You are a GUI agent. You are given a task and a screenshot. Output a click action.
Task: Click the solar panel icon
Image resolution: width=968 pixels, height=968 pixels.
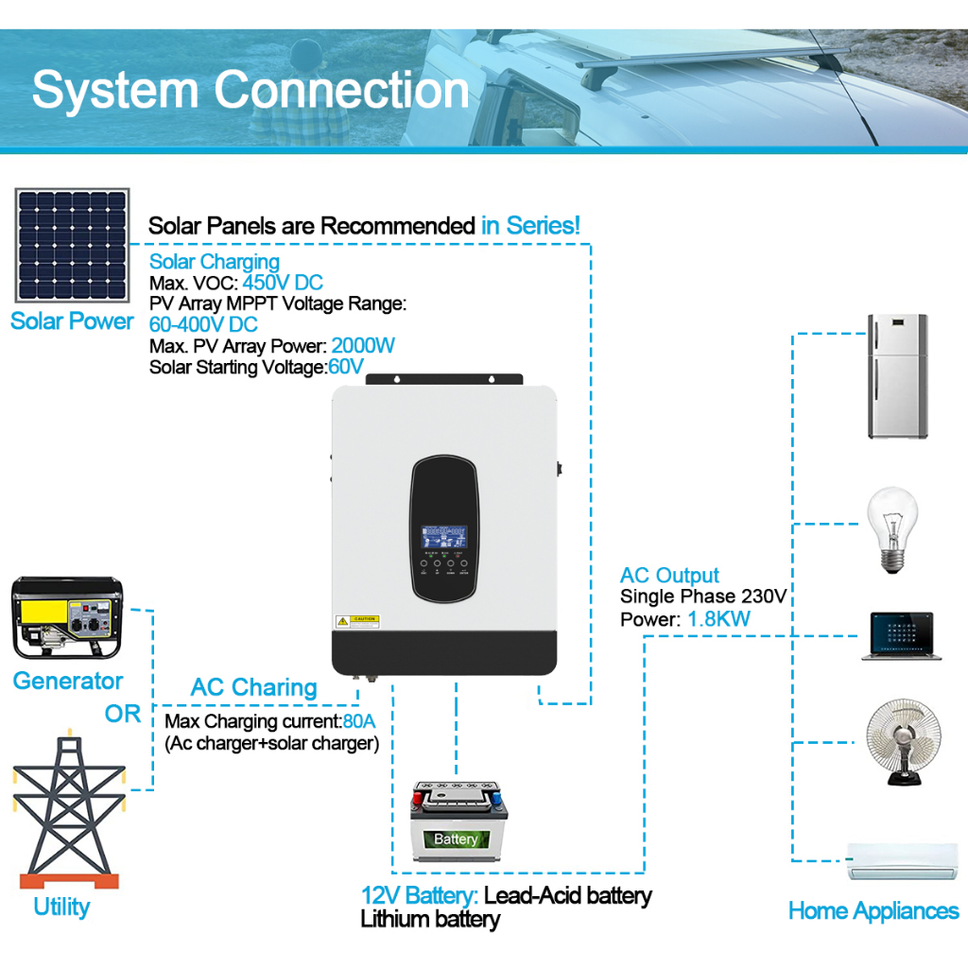point(72,245)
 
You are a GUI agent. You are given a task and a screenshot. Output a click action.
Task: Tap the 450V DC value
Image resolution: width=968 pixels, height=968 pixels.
point(283,283)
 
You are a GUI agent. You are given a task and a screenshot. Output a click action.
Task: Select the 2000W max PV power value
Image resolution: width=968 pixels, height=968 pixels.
point(363,346)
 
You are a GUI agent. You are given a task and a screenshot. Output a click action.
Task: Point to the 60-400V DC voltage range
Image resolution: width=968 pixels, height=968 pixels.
point(203,325)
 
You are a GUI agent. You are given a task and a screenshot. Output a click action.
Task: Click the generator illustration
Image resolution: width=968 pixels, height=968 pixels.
point(67,618)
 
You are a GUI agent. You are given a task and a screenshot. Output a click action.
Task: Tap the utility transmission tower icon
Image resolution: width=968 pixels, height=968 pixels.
point(68,809)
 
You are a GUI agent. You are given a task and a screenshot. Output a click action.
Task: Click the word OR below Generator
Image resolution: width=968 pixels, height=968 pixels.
point(123,714)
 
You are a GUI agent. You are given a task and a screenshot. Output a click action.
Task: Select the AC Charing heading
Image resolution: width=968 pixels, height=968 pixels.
point(253,687)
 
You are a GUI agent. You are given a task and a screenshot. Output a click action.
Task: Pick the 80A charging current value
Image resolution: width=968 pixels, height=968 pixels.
point(358,721)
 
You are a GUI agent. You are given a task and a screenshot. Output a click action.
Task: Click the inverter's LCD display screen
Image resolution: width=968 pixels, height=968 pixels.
point(444,537)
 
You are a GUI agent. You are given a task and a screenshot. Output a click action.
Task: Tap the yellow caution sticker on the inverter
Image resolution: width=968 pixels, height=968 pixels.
point(357,621)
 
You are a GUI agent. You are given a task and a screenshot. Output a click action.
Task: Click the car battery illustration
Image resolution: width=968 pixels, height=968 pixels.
point(458,821)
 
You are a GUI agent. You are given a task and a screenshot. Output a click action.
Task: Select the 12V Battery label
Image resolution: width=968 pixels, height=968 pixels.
point(419,895)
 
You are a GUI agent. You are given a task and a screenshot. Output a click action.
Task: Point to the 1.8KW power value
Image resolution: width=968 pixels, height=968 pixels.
point(718,618)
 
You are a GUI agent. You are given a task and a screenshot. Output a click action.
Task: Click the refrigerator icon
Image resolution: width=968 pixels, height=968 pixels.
point(897,376)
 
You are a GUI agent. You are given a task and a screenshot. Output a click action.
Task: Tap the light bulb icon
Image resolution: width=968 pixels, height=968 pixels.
point(892,529)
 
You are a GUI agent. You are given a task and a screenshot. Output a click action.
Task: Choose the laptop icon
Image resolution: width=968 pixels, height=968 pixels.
point(901,636)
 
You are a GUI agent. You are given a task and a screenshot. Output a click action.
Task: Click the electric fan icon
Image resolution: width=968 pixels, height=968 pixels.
point(903,742)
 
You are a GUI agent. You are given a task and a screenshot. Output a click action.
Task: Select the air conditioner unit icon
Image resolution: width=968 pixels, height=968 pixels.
point(902,860)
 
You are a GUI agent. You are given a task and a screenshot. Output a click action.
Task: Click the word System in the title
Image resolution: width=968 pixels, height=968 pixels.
point(114,91)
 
